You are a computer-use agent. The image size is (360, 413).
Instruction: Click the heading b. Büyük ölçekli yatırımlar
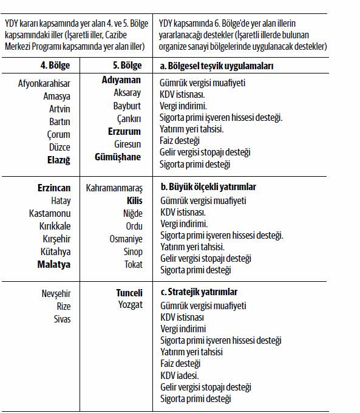[208, 186]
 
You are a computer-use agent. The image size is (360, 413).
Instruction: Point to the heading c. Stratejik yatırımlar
[199, 292]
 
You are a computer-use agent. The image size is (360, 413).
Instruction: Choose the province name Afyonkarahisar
[44, 84]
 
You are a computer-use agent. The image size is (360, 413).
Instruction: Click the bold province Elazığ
[59, 160]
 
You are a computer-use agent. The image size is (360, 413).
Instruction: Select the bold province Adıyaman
[121, 80]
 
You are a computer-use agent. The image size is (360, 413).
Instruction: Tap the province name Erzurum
[124, 131]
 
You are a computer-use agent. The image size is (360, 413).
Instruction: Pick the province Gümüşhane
[118, 157]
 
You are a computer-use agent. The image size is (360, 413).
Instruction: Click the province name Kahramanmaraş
[114, 188]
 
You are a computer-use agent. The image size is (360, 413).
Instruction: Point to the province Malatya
[54, 264]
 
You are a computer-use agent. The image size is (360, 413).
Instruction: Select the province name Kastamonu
[50, 213]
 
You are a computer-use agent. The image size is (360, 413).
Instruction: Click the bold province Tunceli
[129, 292]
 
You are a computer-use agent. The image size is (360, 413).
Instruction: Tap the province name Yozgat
[131, 305]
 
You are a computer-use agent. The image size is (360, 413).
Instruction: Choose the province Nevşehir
[56, 293]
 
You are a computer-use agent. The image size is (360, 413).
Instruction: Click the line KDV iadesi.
[180, 375]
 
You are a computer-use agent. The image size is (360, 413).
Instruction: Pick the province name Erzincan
[54, 188]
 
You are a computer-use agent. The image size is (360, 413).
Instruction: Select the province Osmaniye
[126, 239]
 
